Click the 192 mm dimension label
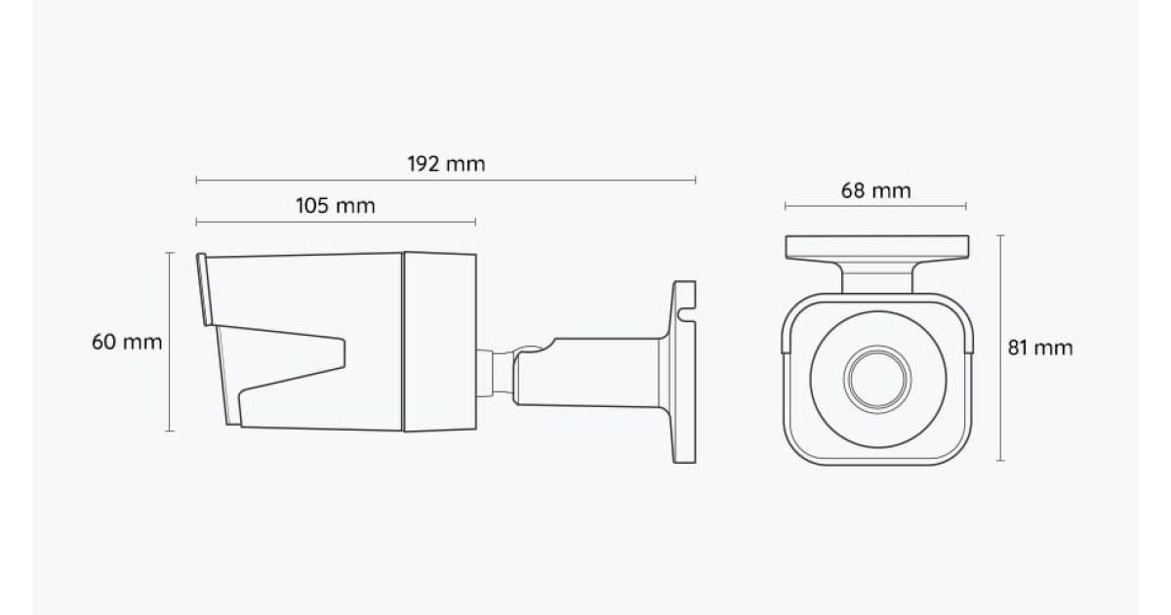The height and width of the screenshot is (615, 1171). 446,164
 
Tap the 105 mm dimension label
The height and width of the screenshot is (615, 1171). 335,206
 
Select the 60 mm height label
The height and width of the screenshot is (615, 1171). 127,342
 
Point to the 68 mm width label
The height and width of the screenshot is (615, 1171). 875,190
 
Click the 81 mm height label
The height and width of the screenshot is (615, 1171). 1040,348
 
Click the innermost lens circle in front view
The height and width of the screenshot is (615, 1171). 877,379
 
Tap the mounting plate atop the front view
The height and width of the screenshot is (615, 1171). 876,247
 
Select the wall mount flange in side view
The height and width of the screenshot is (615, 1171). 684,372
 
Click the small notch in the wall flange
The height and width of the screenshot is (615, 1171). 685,314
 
